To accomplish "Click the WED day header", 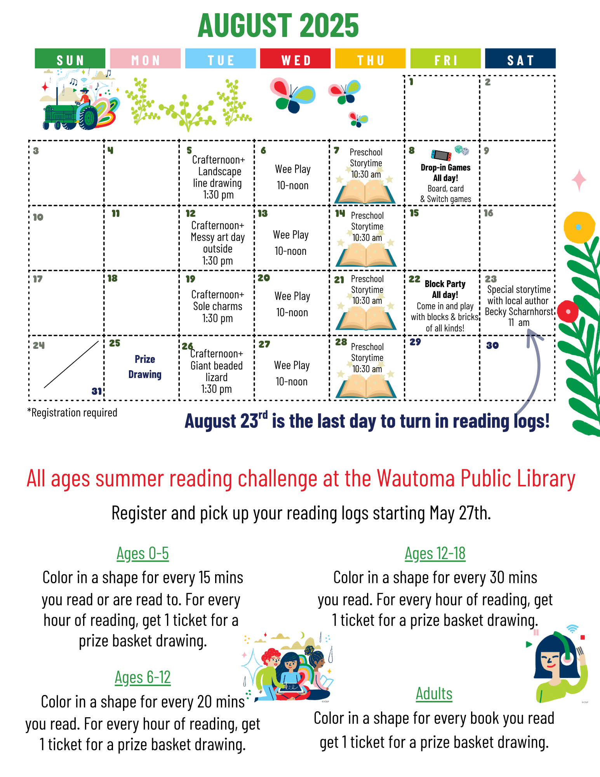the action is [295, 59].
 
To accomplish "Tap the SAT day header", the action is [520, 59].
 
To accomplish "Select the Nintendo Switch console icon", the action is [441, 155].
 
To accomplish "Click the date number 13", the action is [263, 213].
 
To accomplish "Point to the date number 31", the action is [97, 391].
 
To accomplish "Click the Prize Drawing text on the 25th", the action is [145, 367].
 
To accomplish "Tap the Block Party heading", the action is [445, 284].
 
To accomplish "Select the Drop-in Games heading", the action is [445, 167].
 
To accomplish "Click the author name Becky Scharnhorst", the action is [519, 312].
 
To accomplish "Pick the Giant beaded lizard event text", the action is [217, 371].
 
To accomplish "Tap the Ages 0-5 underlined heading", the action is [143, 554].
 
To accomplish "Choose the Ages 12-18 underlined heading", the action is [435, 554].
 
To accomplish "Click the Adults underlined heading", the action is [434, 693].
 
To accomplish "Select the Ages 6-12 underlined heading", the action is [143, 678].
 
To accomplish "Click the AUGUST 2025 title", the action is [278, 26].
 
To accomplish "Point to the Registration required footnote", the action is [72, 413].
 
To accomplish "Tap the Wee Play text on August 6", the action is [293, 169].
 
